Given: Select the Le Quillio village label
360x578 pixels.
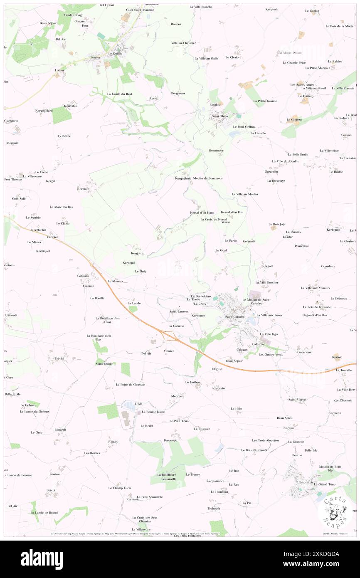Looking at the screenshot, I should [115, 54].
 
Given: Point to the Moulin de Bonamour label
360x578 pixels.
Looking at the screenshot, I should [208, 178].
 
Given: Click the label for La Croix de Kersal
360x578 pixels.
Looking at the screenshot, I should [214, 219].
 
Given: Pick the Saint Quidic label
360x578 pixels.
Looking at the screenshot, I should [105, 363].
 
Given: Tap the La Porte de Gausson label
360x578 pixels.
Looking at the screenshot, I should [131, 385].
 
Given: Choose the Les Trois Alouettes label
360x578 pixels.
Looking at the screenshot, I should [265, 440].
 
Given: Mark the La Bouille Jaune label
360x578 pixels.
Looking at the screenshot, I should [153, 412].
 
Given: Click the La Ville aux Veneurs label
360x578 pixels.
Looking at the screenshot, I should [315, 288].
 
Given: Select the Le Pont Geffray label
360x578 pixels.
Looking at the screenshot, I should [244, 127].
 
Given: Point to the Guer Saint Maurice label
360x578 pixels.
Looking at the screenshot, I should [140, 10].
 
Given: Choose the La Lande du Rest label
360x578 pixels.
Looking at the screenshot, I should [119, 94].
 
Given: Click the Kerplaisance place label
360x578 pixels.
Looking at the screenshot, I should [215, 481].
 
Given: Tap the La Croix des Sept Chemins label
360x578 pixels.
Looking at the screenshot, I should [145, 519].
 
